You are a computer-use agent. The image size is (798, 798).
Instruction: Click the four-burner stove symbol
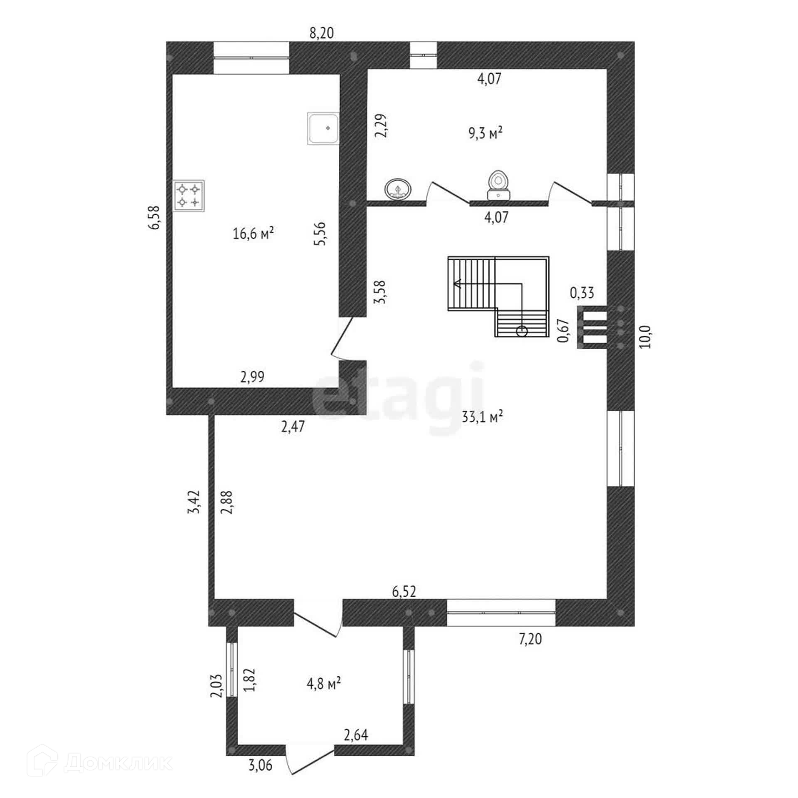pyautogui.click(x=189, y=196)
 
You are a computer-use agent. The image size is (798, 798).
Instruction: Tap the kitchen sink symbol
pyautogui.click(x=323, y=128)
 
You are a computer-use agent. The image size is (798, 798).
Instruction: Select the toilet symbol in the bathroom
pyautogui.click(x=498, y=185)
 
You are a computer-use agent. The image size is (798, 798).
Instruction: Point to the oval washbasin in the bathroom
pyautogui.click(x=398, y=189)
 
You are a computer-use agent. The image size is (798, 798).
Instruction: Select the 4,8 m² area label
pyautogui.click(x=324, y=683)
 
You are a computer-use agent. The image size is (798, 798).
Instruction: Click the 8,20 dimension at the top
pyautogui.click(x=322, y=33)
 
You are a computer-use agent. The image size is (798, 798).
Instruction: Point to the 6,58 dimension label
pyautogui.click(x=155, y=218)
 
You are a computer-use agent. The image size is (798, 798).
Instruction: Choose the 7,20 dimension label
pyautogui.click(x=530, y=639)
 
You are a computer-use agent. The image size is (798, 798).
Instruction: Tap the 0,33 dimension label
pyautogui.click(x=582, y=293)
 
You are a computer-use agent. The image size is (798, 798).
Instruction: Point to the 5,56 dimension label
pyautogui.click(x=321, y=234)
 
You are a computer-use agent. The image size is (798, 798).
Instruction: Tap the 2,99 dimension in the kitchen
pyautogui.click(x=252, y=377)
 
